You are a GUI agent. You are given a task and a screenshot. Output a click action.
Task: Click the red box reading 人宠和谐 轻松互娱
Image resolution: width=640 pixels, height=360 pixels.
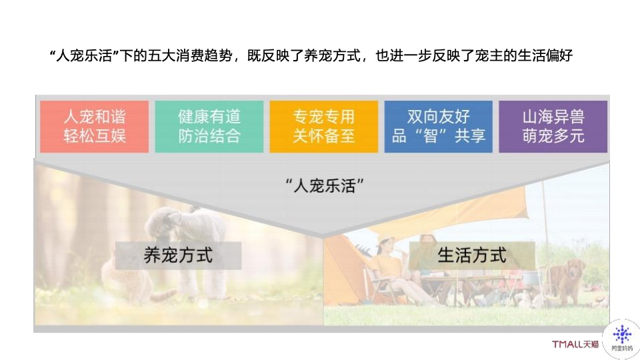pos(94,127)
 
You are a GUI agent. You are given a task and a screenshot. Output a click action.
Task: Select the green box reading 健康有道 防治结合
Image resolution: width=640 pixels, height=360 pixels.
pos(209,127)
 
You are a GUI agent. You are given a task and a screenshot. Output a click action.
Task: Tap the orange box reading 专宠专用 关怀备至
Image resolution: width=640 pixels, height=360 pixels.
pos(324,127)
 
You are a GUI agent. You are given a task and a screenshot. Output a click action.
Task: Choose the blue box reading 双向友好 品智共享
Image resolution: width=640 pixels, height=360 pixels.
pos(439,127)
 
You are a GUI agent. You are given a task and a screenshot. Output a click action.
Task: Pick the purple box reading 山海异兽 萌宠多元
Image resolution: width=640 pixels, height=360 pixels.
pos(553,127)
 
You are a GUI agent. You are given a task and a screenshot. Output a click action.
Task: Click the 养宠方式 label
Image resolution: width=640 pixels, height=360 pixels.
pos(179,255)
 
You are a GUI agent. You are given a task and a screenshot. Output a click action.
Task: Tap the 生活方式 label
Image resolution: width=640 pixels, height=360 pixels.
pos(472,255)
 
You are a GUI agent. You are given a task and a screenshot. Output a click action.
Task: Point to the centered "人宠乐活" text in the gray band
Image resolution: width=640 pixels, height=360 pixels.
pos(325,186)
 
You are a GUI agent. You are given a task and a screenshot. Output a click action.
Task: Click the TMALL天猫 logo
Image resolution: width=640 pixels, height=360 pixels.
pos(575,344)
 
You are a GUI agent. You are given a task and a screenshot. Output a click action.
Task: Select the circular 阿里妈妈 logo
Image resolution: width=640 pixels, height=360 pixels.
pos(621,339)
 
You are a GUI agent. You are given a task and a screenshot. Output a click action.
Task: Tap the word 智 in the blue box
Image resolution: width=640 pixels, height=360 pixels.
pos(431,136)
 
